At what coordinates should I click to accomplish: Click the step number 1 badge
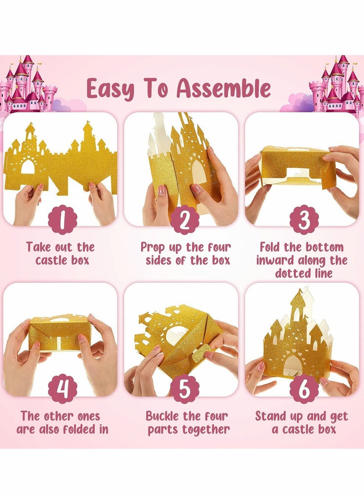62,220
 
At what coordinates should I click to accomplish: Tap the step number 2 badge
183,220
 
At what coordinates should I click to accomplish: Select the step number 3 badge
304,220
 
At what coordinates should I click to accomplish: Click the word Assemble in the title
223,88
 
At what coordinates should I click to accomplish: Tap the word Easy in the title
110,89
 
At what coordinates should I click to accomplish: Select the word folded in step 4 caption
75,429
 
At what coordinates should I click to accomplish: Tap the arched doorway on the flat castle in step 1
28,167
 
